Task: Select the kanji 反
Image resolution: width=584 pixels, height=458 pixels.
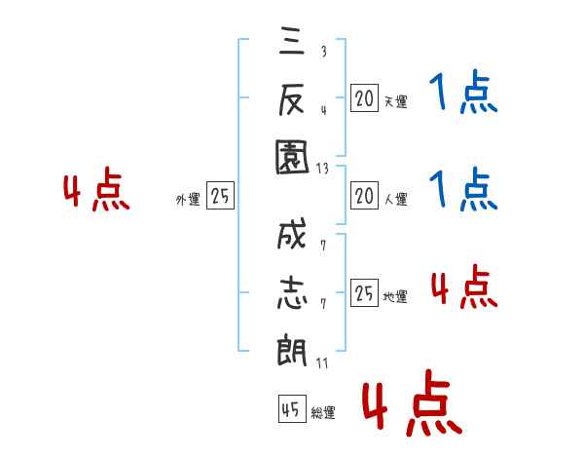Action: [x=291, y=99]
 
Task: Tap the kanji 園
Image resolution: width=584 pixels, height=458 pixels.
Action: [x=291, y=157]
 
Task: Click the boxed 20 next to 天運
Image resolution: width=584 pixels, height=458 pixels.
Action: [x=364, y=97]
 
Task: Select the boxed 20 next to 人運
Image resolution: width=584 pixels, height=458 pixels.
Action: [x=364, y=197]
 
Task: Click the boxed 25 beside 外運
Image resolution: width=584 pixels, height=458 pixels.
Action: [x=221, y=197]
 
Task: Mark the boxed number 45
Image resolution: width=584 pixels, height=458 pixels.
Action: [x=291, y=410]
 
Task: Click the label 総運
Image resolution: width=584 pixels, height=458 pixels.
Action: [x=323, y=413]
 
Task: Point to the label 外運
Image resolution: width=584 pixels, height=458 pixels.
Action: [x=187, y=200]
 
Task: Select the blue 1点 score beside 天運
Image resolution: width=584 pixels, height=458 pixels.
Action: [x=462, y=95]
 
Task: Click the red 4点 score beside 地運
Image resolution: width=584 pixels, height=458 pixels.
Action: [x=462, y=286]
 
